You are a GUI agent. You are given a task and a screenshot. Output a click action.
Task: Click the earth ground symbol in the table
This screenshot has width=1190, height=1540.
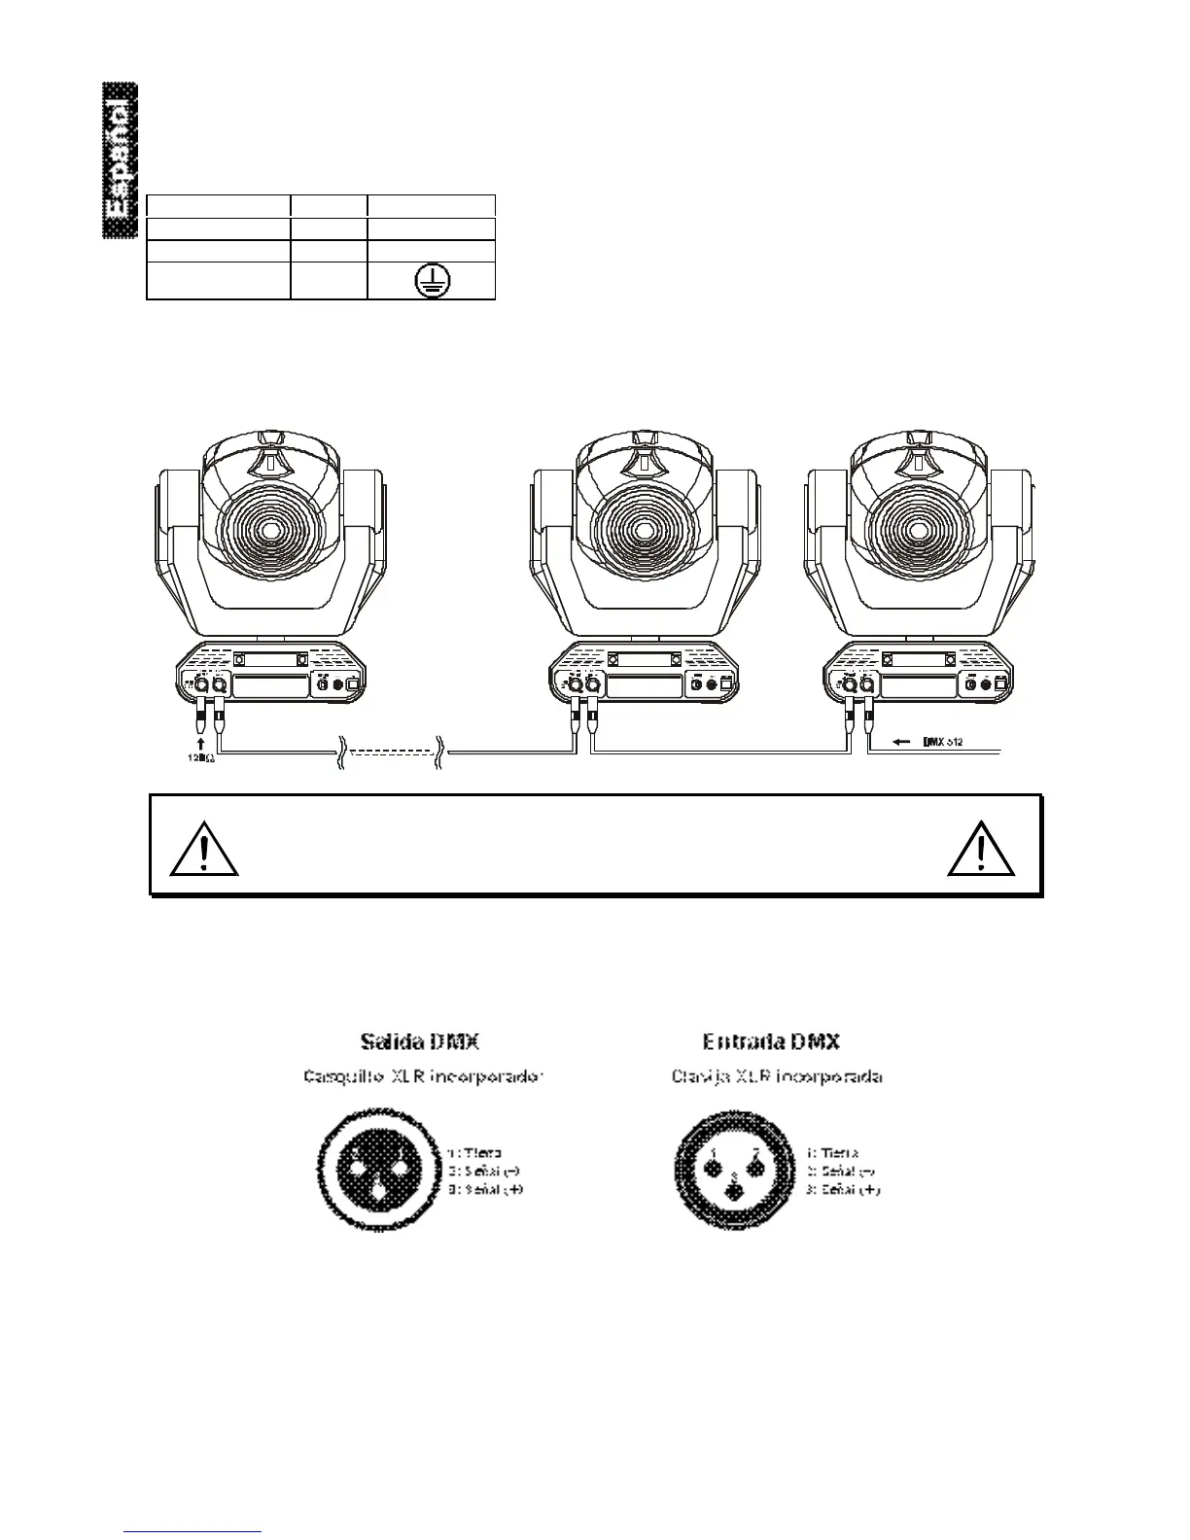pos(432,282)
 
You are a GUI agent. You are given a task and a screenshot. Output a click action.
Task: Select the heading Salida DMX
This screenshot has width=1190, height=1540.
pos(419,1041)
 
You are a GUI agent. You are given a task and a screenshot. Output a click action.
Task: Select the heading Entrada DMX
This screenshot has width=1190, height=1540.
pos(771,1041)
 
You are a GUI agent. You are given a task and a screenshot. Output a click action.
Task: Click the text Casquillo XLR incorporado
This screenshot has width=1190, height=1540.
pos(421,1077)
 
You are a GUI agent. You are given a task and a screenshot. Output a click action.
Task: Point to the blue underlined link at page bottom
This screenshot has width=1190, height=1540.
pos(193,1531)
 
